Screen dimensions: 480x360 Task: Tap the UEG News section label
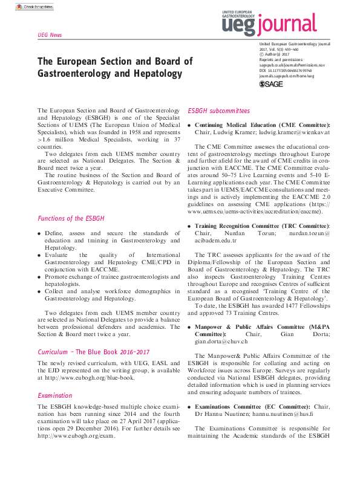pos(50,35)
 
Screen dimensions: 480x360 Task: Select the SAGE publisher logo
pos(271,85)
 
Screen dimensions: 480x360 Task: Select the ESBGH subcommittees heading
pos(218,111)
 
